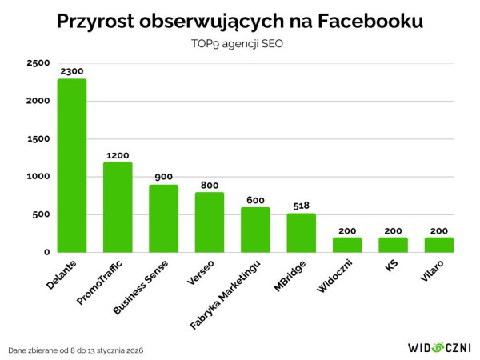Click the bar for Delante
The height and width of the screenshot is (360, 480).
(72, 166)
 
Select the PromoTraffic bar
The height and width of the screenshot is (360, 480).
(118, 207)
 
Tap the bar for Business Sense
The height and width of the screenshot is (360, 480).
(164, 218)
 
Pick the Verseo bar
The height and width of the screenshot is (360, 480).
(210, 222)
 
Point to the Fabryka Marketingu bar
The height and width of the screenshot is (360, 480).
(256, 230)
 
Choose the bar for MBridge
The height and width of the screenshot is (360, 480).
(302, 233)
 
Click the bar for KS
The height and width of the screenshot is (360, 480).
(394, 245)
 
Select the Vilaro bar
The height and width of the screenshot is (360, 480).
(439, 245)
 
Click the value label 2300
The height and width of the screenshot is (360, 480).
(72, 72)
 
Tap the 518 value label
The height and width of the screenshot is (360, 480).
(302, 206)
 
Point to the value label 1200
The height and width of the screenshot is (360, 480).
(118, 155)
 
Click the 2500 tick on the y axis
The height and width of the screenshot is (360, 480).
(38, 63)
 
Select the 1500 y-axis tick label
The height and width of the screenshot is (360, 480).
(38, 139)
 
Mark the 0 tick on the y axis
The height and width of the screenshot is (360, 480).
(46, 252)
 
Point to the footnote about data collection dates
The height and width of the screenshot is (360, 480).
(77, 350)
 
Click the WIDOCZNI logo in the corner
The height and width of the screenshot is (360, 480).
(439, 348)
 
